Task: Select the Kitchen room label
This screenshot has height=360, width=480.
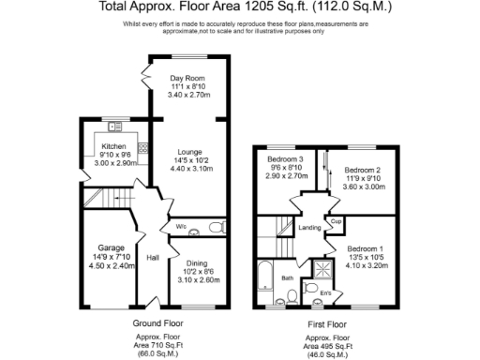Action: tap(114, 146)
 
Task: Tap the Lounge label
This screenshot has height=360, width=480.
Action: tap(191, 152)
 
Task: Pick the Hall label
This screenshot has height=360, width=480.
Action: tap(153, 258)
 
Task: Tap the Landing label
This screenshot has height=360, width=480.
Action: tap(310, 226)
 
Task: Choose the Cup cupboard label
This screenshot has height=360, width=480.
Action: tap(335, 222)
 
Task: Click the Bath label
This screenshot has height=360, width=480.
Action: tap(288, 278)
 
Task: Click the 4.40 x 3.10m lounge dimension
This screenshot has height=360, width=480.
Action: tap(191, 169)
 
